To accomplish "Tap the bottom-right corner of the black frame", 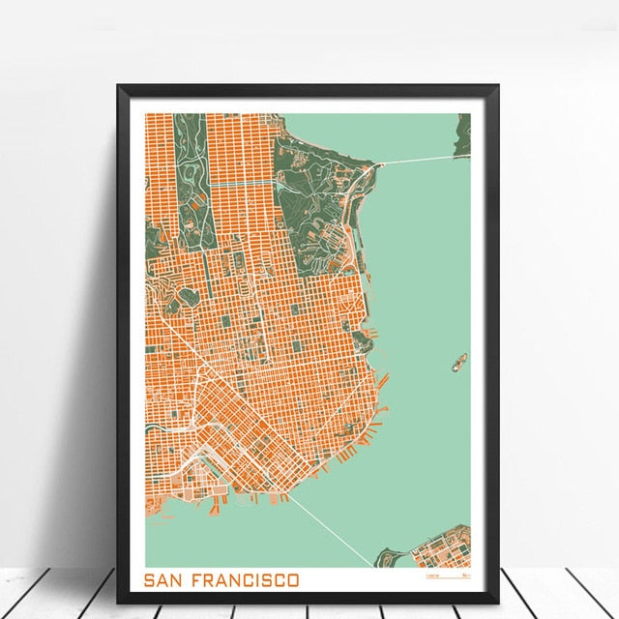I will tap(497, 601).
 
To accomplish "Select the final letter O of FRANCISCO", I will tap(293, 580).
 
